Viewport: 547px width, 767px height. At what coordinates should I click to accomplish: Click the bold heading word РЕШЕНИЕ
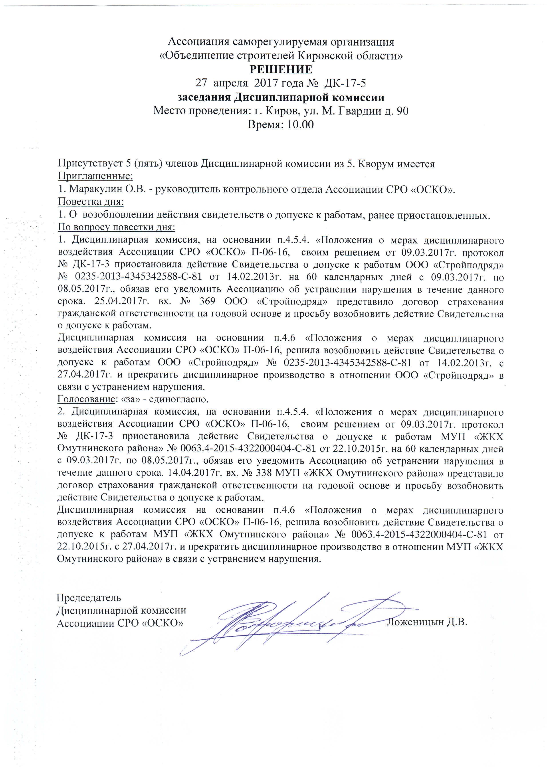(x=281, y=70)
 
